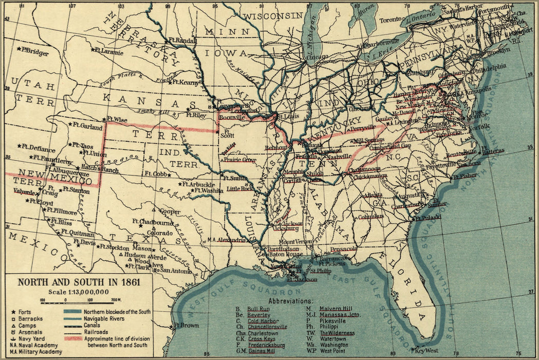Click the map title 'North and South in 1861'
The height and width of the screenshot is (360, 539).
(79, 282)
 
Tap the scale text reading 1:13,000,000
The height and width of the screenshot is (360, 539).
(79, 292)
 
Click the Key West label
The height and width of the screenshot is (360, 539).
(425, 351)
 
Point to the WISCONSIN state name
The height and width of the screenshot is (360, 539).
(272, 16)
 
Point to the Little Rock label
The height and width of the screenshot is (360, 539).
(240, 188)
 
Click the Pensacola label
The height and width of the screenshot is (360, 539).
(343, 249)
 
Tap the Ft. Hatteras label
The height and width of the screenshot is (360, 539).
(491, 151)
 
